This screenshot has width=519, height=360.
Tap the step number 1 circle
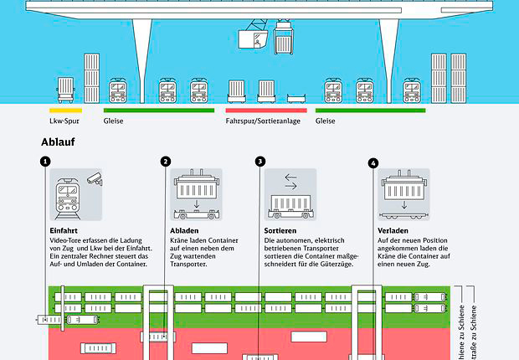click(x=45, y=162)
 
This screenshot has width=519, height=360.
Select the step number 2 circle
click(x=166, y=162)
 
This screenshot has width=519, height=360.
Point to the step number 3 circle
click(x=260, y=162)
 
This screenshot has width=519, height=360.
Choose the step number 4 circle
click(x=373, y=162)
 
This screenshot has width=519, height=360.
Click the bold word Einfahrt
click(x=64, y=229)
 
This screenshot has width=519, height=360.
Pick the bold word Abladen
click(x=185, y=229)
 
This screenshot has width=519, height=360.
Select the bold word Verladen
click(x=393, y=229)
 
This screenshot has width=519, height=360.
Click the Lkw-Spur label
click(x=65, y=121)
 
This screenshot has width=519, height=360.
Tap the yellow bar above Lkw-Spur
click(x=66, y=110)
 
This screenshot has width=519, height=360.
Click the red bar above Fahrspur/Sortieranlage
click(x=265, y=110)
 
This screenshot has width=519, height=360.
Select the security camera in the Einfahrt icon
click(x=95, y=178)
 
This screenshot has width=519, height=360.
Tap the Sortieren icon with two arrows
click(x=290, y=194)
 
